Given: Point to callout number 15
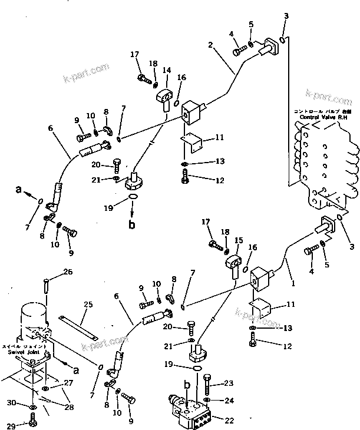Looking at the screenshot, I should pos(238,240).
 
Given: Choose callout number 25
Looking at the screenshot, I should pos(88,305).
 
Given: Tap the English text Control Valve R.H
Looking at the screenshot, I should pos(321,117).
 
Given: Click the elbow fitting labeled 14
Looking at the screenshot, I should pos(163,94).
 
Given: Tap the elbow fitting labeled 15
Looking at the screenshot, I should pos(233,263).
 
